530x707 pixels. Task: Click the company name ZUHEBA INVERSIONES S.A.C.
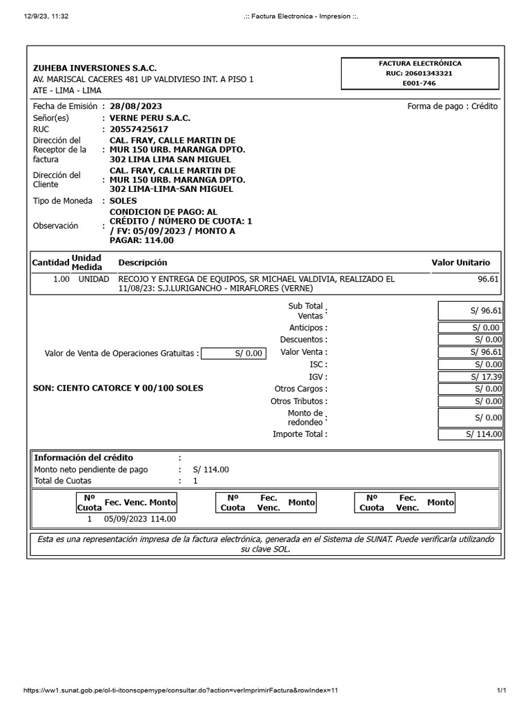pos(95,68)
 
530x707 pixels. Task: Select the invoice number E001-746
pos(420,83)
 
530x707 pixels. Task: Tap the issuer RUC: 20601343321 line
pos(420,73)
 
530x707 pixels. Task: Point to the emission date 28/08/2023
pos(136,106)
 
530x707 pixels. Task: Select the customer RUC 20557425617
pos(139,129)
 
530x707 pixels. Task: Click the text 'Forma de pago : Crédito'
pos(452,106)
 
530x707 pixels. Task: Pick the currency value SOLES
pos(124,201)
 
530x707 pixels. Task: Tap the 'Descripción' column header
pos(143,262)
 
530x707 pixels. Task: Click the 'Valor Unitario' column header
pos(460,262)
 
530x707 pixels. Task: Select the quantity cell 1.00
pos(61,279)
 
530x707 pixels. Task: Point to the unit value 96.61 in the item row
pos(487,279)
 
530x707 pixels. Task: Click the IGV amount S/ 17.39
pos(487,377)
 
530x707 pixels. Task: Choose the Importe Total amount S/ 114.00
pos(483,434)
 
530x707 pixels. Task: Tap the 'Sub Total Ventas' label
pos(305,311)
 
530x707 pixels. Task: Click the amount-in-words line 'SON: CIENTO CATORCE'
pos(118,388)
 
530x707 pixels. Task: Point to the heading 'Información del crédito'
pos(84,458)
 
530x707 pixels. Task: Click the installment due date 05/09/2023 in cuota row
pos(126,519)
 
